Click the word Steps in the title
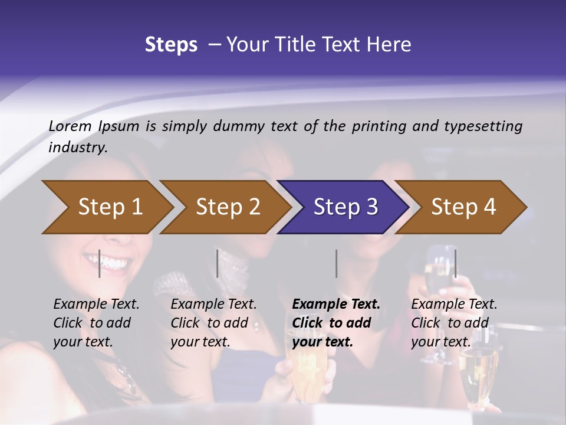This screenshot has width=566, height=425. click(x=171, y=45)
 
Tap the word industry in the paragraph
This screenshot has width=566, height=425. click(x=77, y=148)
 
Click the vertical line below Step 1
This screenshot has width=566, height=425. click(x=100, y=263)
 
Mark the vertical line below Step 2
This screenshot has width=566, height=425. click(x=218, y=263)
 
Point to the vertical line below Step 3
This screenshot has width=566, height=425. click(x=336, y=263)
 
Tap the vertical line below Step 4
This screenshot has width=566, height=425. click(x=455, y=263)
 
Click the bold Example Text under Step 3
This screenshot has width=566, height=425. click(x=336, y=305)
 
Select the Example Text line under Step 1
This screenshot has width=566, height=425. click(x=96, y=305)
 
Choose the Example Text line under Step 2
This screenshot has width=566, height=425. click(x=213, y=305)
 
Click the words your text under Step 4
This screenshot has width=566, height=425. click(x=441, y=342)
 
